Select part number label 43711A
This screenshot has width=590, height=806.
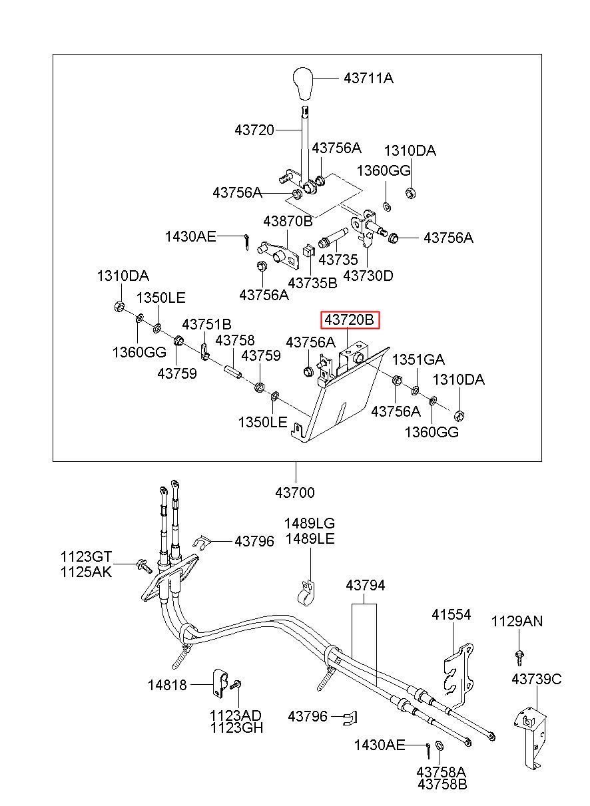pyautogui.click(x=368, y=78)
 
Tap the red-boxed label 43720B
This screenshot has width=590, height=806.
pyautogui.click(x=350, y=319)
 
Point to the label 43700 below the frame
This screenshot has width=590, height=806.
pyautogui.click(x=295, y=493)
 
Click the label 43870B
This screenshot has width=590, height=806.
pyautogui.click(x=288, y=221)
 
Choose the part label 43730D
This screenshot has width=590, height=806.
pyautogui.click(x=368, y=276)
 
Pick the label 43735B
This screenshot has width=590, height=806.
pyautogui.click(x=312, y=283)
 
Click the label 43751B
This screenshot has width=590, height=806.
pyautogui.click(x=206, y=325)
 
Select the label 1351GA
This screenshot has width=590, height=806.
pyautogui.click(x=418, y=359)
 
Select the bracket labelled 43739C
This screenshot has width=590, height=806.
pyautogui.click(x=530, y=732)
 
